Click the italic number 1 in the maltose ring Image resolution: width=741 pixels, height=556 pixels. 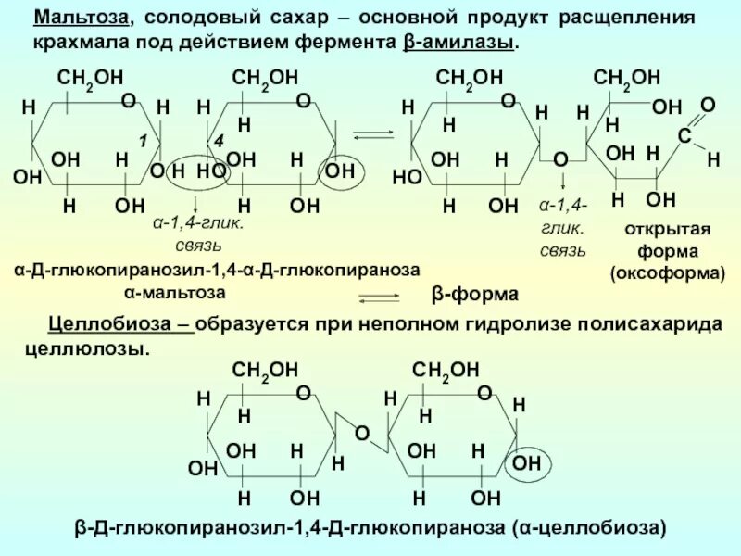coord(144,140)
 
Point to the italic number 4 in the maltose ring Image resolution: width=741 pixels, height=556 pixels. coord(219,140)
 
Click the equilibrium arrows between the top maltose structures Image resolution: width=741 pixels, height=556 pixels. coord(374,136)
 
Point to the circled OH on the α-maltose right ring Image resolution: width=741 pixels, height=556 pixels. coord(340,171)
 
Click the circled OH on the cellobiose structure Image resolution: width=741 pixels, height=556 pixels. coord(528,461)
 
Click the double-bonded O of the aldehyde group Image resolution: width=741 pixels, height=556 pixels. coord(707,107)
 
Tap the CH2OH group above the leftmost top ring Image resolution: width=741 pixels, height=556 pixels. coord(91,80)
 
